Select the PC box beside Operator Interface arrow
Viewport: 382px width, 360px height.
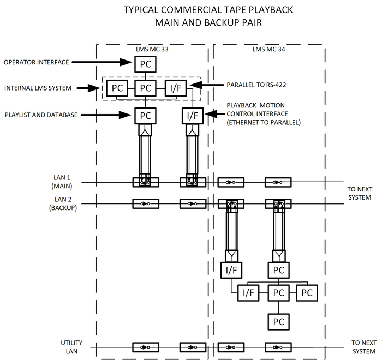coord(145,64)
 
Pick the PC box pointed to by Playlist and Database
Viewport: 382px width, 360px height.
coord(145,115)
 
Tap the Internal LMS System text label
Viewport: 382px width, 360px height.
coord(38,87)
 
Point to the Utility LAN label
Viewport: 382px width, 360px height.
coord(71,346)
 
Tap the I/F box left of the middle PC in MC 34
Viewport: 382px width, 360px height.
coord(248,293)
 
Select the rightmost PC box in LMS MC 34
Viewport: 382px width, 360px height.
coord(307,293)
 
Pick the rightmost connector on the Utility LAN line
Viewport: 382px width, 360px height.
coord(278,347)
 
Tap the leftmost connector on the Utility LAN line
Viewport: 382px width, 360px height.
coord(146,347)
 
